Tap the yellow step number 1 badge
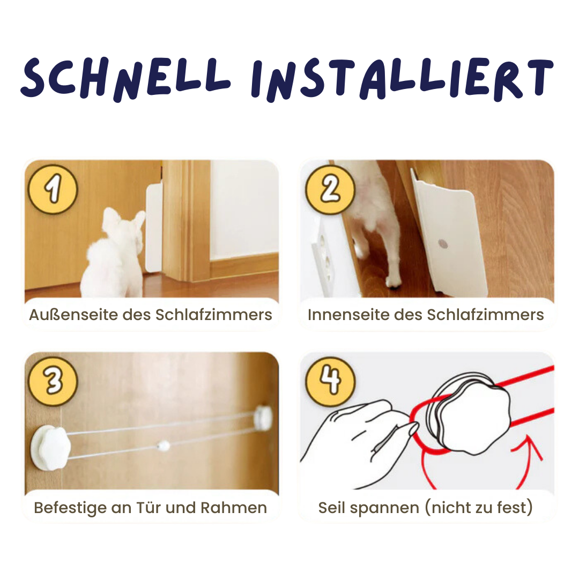point(53,189)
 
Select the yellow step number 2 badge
point(330,189)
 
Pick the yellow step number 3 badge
point(53,382)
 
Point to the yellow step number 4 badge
point(330,382)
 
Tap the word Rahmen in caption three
point(233,508)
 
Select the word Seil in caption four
point(332,508)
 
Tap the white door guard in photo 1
point(154,227)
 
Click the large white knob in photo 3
point(49,447)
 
